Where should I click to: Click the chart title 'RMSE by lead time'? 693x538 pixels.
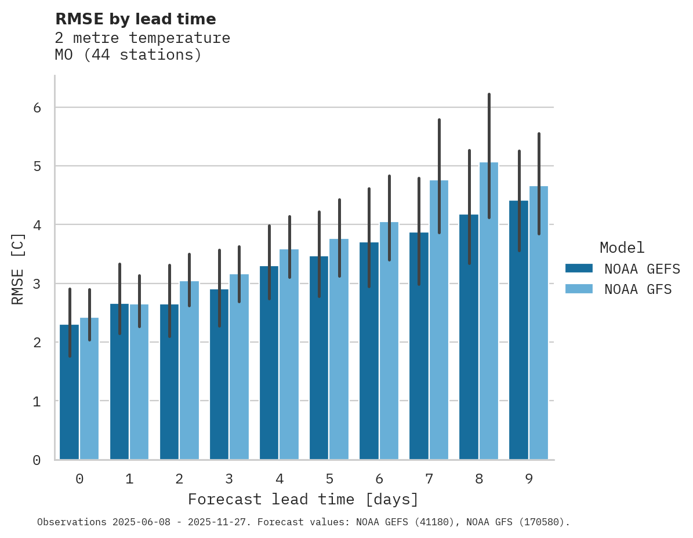(135, 19)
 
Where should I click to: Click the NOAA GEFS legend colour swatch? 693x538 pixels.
(579, 268)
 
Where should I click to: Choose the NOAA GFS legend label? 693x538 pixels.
(638, 289)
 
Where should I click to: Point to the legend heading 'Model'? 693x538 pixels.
(622, 248)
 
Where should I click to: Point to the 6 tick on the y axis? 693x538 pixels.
(37, 108)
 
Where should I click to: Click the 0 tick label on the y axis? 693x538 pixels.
(37, 460)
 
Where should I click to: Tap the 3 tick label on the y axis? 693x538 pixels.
(37, 284)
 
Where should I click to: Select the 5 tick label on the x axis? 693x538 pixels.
(329, 479)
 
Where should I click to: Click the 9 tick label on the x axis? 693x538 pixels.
(529, 479)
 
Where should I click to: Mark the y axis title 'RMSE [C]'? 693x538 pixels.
(18, 268)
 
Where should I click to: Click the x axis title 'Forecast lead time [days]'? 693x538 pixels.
(303, 499)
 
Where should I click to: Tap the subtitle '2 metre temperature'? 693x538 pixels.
(142, 38)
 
